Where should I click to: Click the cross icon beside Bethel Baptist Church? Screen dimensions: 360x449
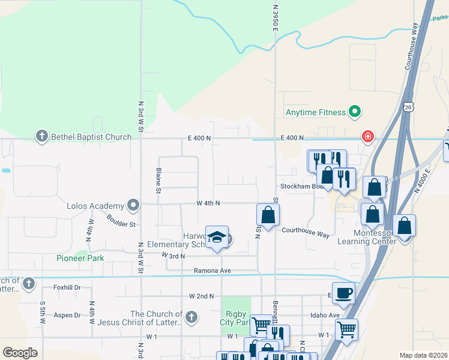click(x=42, y=137)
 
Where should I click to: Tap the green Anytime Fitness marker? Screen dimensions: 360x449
click(x=355, y=112)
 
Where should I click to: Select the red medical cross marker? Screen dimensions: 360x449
click(x=367, y=137)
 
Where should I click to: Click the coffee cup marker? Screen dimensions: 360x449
click(x=343, y=293)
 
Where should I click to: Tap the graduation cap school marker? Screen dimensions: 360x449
click(x=217, y=237)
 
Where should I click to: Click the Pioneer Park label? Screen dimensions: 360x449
click(x=80, y=258)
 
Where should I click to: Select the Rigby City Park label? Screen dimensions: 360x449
click(x=236, y=318)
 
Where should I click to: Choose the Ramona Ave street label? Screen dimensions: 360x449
click(x=212, y=271)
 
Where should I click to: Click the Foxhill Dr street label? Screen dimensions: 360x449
click(x=66, y=287)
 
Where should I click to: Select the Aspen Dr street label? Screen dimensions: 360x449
click(x=68, y=315)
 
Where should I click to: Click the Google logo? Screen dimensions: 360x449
click(x=20, y=353)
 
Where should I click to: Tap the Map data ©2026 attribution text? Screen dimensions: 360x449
click(x=423, y=355)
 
